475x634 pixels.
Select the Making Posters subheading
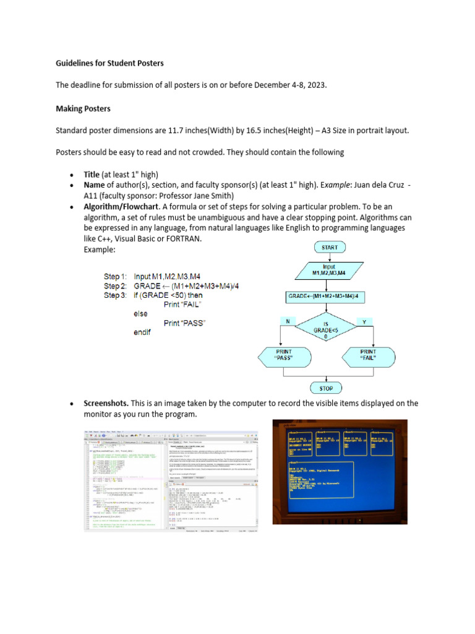coord(83,108)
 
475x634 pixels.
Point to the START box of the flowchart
coord(330,247)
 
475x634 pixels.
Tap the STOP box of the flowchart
coord(327,388)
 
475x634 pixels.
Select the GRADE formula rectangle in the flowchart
coord(327,297)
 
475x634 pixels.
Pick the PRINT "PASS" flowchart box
coord(283,355)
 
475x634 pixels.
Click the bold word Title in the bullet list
coord(91,175)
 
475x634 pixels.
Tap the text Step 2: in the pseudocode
coord(115,286)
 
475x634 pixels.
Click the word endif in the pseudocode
coord(142,332)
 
